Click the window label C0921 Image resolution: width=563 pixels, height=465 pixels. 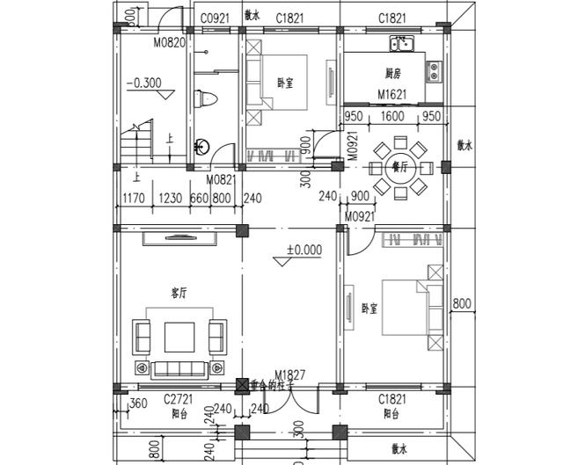tap(215, 18)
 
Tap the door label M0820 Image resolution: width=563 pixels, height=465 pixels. tap(170, 41)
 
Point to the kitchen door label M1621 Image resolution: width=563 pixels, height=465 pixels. tap(393, 94)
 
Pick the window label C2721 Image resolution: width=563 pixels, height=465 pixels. tap(179, 398)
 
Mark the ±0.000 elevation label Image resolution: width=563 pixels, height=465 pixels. tap(304, 250)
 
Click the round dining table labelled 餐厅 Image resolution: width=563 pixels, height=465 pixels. tap(398, 166)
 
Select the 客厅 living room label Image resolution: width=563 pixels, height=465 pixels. tap(179, 293)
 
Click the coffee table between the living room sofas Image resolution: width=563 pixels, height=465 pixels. tap(179, 336)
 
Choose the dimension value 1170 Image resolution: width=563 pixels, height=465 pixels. tap(135, 199)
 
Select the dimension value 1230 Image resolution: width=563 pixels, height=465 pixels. tap(172, 199)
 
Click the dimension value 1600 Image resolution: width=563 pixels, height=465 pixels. tap(393, 116)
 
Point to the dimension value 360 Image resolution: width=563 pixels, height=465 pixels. tap(137, 404)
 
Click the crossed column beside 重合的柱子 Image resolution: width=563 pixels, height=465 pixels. tap(243, 385)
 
